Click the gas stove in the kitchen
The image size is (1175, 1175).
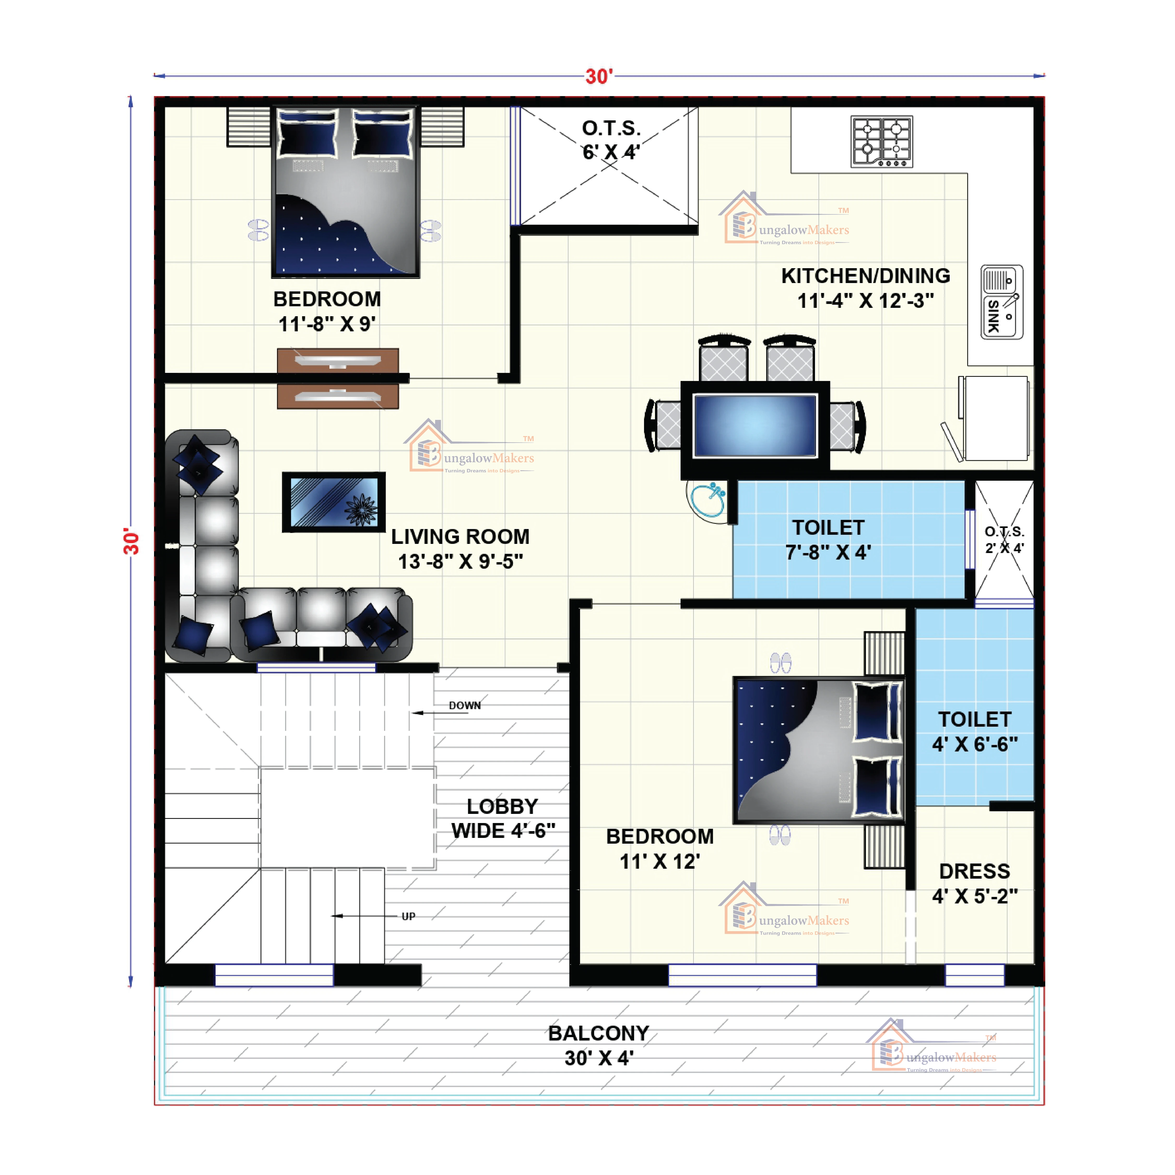click(881, 142)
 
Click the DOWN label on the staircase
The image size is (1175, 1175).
click(465, 706)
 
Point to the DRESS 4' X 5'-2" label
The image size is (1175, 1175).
click(974, 883)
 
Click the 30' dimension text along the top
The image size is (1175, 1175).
click(599, 77)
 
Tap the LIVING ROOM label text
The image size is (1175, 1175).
click(460, 549)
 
